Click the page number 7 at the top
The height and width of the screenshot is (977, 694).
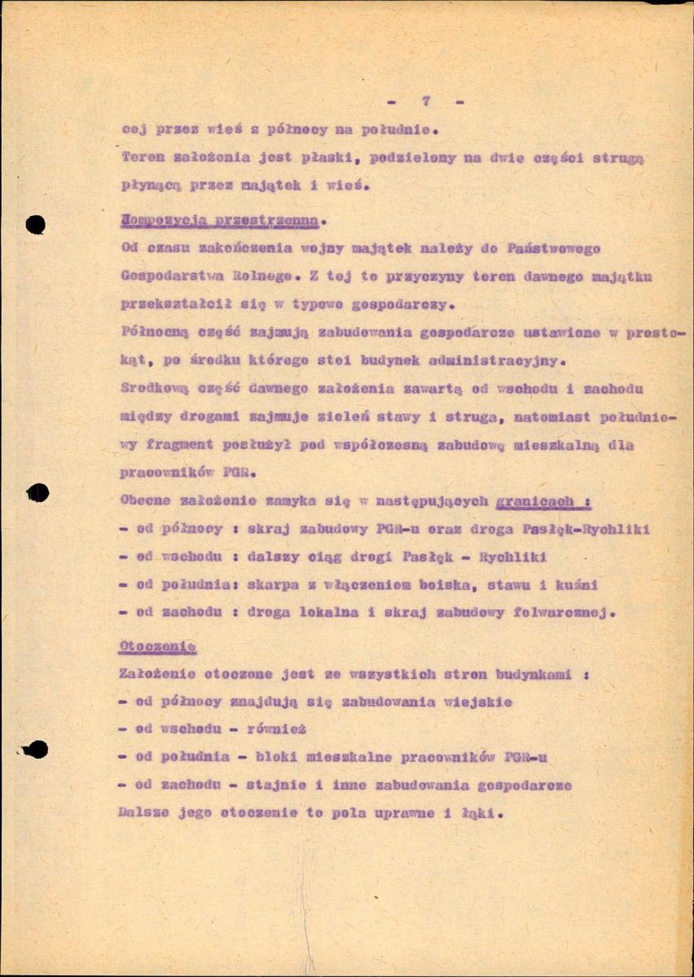click(425, 102)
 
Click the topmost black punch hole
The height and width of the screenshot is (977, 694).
click(34, 224)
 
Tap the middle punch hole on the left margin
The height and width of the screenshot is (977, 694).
click(37, 492)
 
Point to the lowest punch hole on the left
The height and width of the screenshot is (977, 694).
click(36, 749)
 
